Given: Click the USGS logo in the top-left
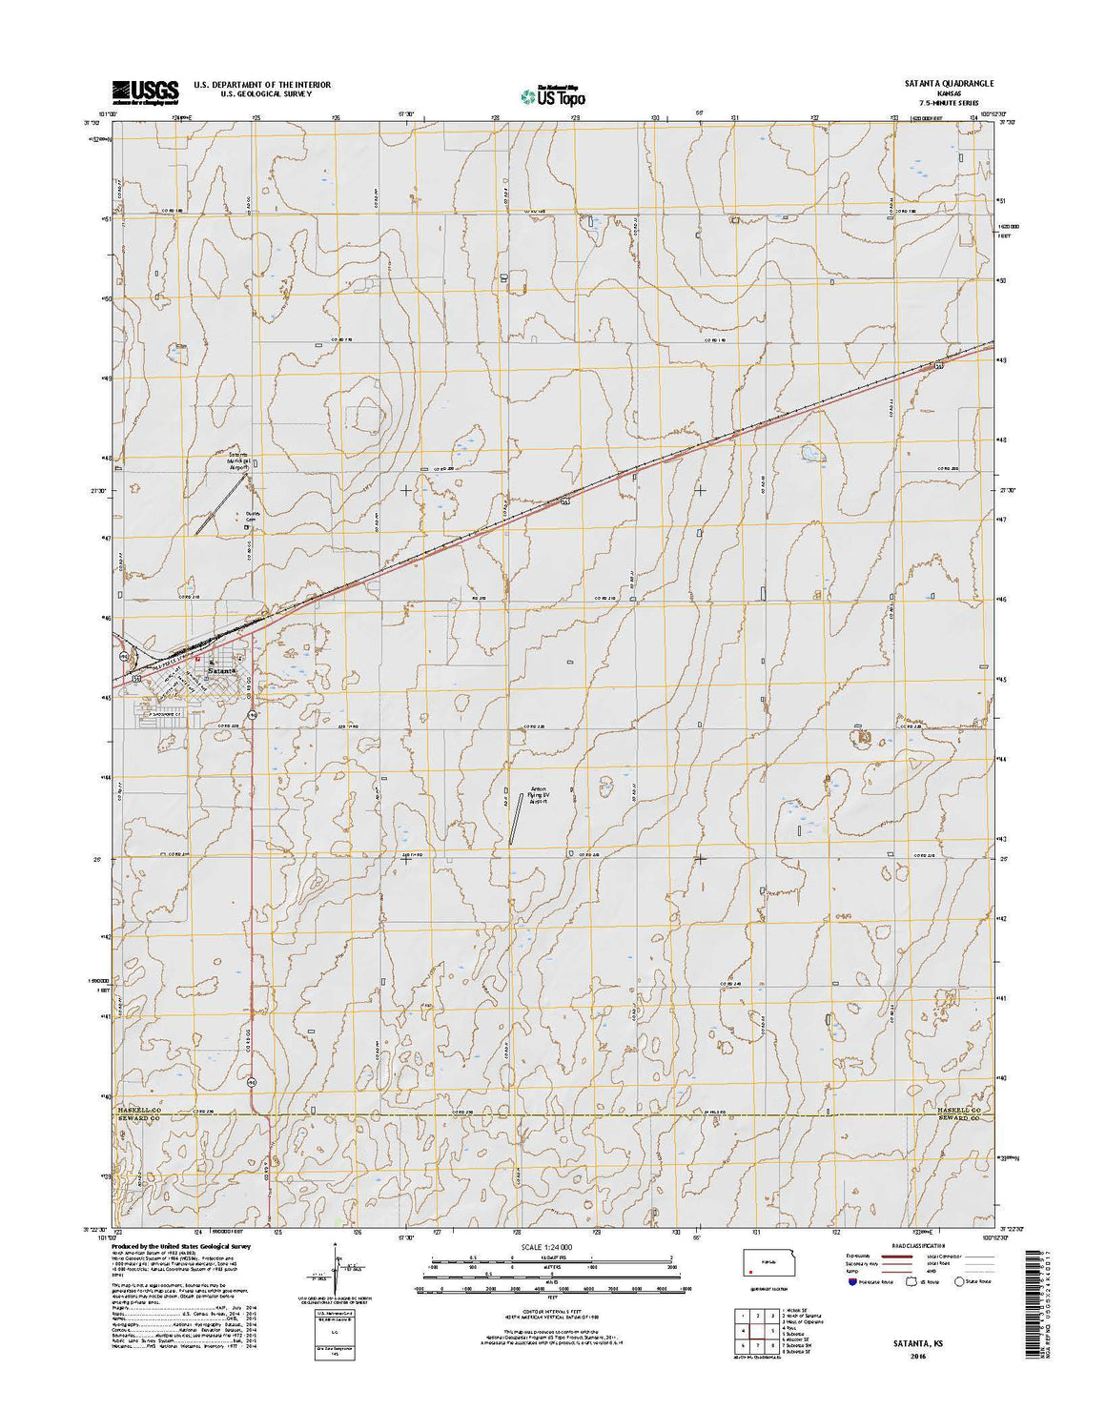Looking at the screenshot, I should point(145,92).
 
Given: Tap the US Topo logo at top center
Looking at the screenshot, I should point(553,95).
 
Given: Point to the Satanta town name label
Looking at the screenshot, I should point(222,671).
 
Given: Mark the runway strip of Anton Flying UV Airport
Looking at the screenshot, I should point(516,820).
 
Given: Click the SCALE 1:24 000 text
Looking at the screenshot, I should point(553,1247).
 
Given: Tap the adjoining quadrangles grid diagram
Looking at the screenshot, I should point(753,1331).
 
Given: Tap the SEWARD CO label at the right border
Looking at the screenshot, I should point(964,1119).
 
